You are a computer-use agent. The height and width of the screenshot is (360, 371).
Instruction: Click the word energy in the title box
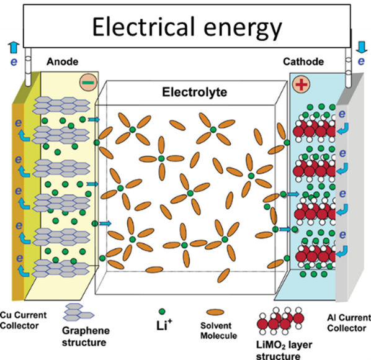click(x=243, y=30)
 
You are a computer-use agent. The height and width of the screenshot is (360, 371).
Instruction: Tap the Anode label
click(x=63, y=61)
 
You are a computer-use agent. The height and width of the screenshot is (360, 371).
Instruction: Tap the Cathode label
click(x=303, y=61)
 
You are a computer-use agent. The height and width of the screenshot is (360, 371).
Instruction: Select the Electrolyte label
click(x=194, y=92)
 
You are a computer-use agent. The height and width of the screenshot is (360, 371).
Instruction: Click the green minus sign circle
click(x=88, y=83)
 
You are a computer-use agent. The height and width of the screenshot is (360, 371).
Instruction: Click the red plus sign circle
click(x=302, y=84)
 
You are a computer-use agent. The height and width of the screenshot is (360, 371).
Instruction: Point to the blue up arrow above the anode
click(x=14, y=48)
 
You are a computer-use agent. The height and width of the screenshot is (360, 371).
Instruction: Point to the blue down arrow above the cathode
click(x=362, y=48)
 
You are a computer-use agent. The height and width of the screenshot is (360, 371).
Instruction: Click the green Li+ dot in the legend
click(x=162, y=312)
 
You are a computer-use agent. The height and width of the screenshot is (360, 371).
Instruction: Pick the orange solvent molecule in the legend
click(x=215, y=312)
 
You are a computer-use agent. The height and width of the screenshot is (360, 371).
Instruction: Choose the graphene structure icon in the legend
click(x=79, y=312)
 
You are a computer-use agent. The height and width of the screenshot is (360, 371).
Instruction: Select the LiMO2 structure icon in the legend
click(x=280, y=321)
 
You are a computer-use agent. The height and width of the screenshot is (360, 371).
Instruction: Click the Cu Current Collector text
click(x=23, y=320)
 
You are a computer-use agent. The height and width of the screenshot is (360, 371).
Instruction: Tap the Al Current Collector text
click(x=349, y=323)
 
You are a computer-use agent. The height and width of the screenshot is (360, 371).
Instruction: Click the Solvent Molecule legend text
click(x=218, y=331)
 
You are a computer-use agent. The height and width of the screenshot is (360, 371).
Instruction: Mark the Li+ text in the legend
click(x=164, y=325)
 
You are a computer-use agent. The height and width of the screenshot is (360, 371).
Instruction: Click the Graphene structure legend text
click(x=86, y=336)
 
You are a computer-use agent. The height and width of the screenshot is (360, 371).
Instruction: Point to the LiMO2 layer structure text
click(x=284, y=351)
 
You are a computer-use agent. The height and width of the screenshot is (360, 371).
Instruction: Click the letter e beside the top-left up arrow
click(x=14, y=62)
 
